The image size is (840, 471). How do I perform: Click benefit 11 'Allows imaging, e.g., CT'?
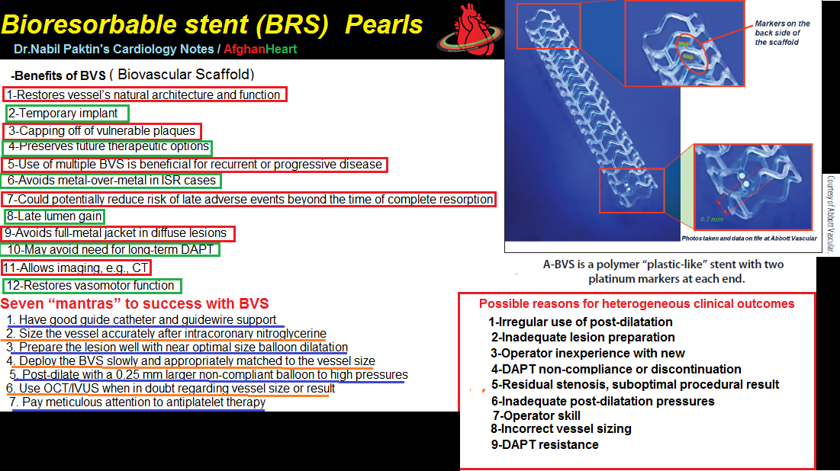(x=76, y=268)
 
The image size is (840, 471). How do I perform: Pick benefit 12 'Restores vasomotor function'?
(x=92, y=286)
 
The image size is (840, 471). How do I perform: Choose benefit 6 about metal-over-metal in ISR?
(x=112, y=181)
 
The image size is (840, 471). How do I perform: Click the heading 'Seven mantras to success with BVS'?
(x=135, y=305)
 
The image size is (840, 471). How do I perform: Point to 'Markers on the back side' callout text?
(x=782, y=33)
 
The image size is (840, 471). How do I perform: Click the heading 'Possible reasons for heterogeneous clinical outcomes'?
(x=636, y=303)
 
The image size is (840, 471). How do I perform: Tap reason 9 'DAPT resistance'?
(x=545, y=444)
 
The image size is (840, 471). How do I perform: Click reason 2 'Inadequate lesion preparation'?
(x=583, y=337)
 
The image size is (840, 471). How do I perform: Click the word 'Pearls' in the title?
(x=383, y=24)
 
